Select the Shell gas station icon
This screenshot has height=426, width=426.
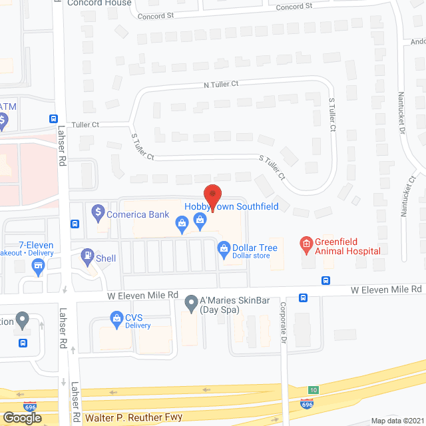point(87,255)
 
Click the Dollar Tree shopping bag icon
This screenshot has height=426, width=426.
point(224,248)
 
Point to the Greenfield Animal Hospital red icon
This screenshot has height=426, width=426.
point(306,245)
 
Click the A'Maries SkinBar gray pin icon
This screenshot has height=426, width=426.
point(192,302)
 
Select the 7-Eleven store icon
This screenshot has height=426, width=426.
point(39,267)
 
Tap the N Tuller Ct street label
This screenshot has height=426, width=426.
point(221,85)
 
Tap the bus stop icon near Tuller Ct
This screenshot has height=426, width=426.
point(54,118)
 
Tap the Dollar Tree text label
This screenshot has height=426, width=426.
point(254,248)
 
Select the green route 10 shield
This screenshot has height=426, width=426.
point(313,389)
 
